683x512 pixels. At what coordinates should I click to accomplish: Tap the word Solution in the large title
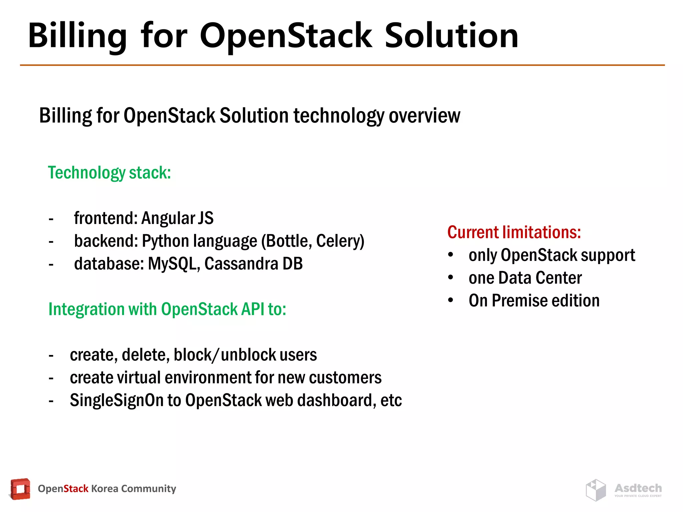click(x=451, y=35)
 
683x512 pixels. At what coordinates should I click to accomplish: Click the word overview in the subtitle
click(x=424, y=115)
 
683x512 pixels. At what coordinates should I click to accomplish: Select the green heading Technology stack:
click(x=109, y=173)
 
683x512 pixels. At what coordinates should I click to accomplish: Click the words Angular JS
click(x=177, y=218)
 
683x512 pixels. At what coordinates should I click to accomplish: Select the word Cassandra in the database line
click(x=240, y=264)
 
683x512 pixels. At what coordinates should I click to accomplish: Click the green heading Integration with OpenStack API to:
click(x=167, y=309)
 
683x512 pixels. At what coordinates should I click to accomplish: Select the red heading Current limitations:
click(x=514, y=232)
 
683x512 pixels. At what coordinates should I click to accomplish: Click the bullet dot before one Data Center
click(x=451, y=277)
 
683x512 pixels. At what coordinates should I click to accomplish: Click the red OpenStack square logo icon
click(x=20, y=489)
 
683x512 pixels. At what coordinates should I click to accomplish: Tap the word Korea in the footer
click(x=104, y=489)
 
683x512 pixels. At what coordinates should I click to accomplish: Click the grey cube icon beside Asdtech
click(x=596, y=490)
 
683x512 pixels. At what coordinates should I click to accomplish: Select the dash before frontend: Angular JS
click(x=51, y=219)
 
